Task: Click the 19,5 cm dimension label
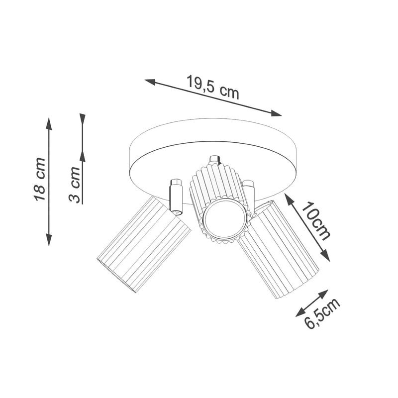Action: [213, 87]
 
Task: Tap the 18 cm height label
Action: [40, 179]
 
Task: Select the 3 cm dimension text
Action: [75, 185]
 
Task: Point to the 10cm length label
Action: [316, 221]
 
